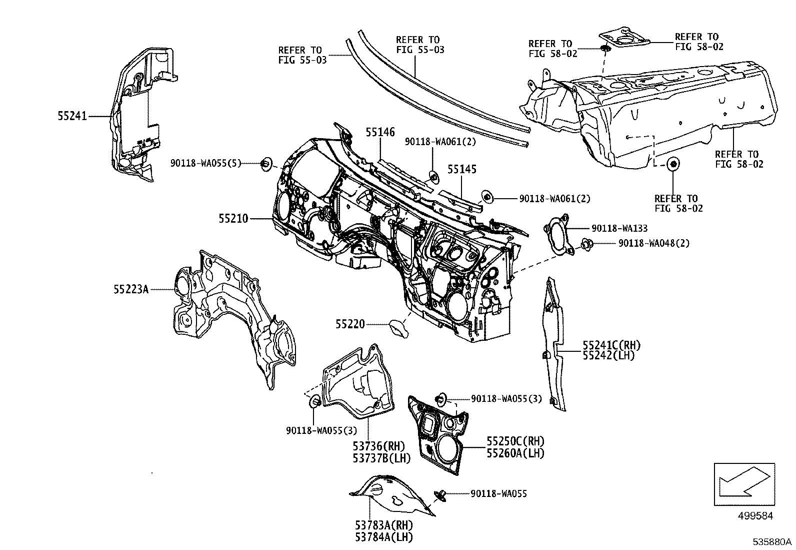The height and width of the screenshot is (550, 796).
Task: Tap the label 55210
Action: pyautogui.click(x=233, y=219)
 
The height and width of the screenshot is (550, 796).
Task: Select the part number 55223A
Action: pyautogui.click(x=131, y=289)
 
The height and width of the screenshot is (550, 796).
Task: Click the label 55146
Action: pyautogui.click(x=380, y=132)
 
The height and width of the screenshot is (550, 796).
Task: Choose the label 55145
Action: pyautogui.click(x=461, y=170)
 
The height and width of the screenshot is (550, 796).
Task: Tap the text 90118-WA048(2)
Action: pyautogui.click(x=654, y=243)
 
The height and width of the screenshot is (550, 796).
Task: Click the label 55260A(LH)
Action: pyautogui.click(x=515, y=453)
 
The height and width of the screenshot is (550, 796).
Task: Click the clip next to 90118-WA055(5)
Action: pyautogui.click(x=266, y=163)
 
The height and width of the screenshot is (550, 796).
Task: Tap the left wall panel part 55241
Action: pyautogui.click(x=135, y=110)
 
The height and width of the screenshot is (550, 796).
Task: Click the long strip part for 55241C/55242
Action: pyautogui.click(x=554, y=345)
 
